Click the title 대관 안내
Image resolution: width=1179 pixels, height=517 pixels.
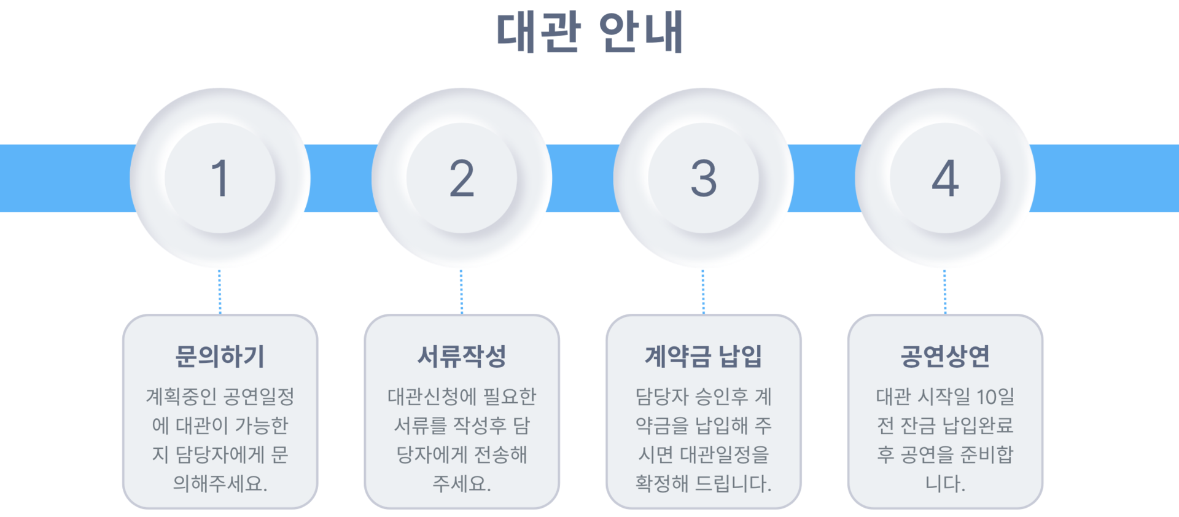589,32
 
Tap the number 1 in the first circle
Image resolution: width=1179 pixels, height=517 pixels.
220,178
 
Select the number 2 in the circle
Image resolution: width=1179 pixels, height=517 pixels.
462,178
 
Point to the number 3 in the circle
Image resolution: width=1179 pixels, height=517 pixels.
703,178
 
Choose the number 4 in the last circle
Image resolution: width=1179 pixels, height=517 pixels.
945,178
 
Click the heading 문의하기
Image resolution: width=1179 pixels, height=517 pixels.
220,356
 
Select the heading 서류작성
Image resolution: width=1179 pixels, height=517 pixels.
462,356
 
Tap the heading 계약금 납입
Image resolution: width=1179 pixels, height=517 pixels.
703,356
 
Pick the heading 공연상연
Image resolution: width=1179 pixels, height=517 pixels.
945,356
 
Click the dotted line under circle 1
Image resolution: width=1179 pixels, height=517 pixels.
220,292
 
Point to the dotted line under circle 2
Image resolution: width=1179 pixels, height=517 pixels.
462,292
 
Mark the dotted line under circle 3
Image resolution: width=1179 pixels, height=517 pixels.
703,292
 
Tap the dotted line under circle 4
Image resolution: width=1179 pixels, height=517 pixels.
945,292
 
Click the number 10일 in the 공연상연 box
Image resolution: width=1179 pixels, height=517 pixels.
995,397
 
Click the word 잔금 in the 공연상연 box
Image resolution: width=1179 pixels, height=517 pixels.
918,426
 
